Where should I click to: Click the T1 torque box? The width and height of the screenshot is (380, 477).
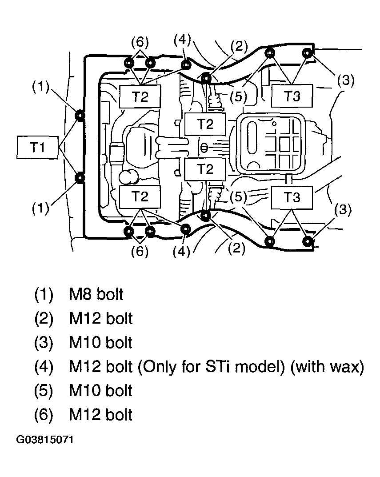pyautogui.click(x=37, y=148)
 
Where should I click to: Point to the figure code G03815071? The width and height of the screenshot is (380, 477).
pyautogui.click(x=45, y=440)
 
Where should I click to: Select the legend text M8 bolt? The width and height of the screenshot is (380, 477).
pyautogui.click(x=96, y=294)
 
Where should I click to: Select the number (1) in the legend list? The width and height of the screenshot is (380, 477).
pyautogui.click(x=44, y=294)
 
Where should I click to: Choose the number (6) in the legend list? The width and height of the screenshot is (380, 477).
pyautogui.click(x=44, y=415)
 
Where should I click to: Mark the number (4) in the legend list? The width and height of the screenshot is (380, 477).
pyautogui.click(x=44, y=367)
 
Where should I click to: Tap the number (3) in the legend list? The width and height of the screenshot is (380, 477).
pyautogui.click(x=44, y=343)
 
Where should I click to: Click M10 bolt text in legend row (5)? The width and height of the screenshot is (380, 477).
pyautogui.click(x=101, y=391)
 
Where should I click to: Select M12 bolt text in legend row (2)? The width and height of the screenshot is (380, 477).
pyautogui.click(x=101, y=318)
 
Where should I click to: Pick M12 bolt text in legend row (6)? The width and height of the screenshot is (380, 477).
pyautogui.click(x=101, y=415)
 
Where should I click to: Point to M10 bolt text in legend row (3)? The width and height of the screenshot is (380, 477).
pyautogui.click(x=101, y=343)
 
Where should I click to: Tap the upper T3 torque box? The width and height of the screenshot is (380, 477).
pyautogui.click(x=292, y=96)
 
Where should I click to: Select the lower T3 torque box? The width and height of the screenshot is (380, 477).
pyautogui.click(x=292, y=197)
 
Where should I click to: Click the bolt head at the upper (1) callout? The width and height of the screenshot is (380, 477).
pyautogui.click(x=80, y=116)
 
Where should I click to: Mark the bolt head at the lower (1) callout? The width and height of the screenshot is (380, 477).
pyautogui.click(x=80, y=178)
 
